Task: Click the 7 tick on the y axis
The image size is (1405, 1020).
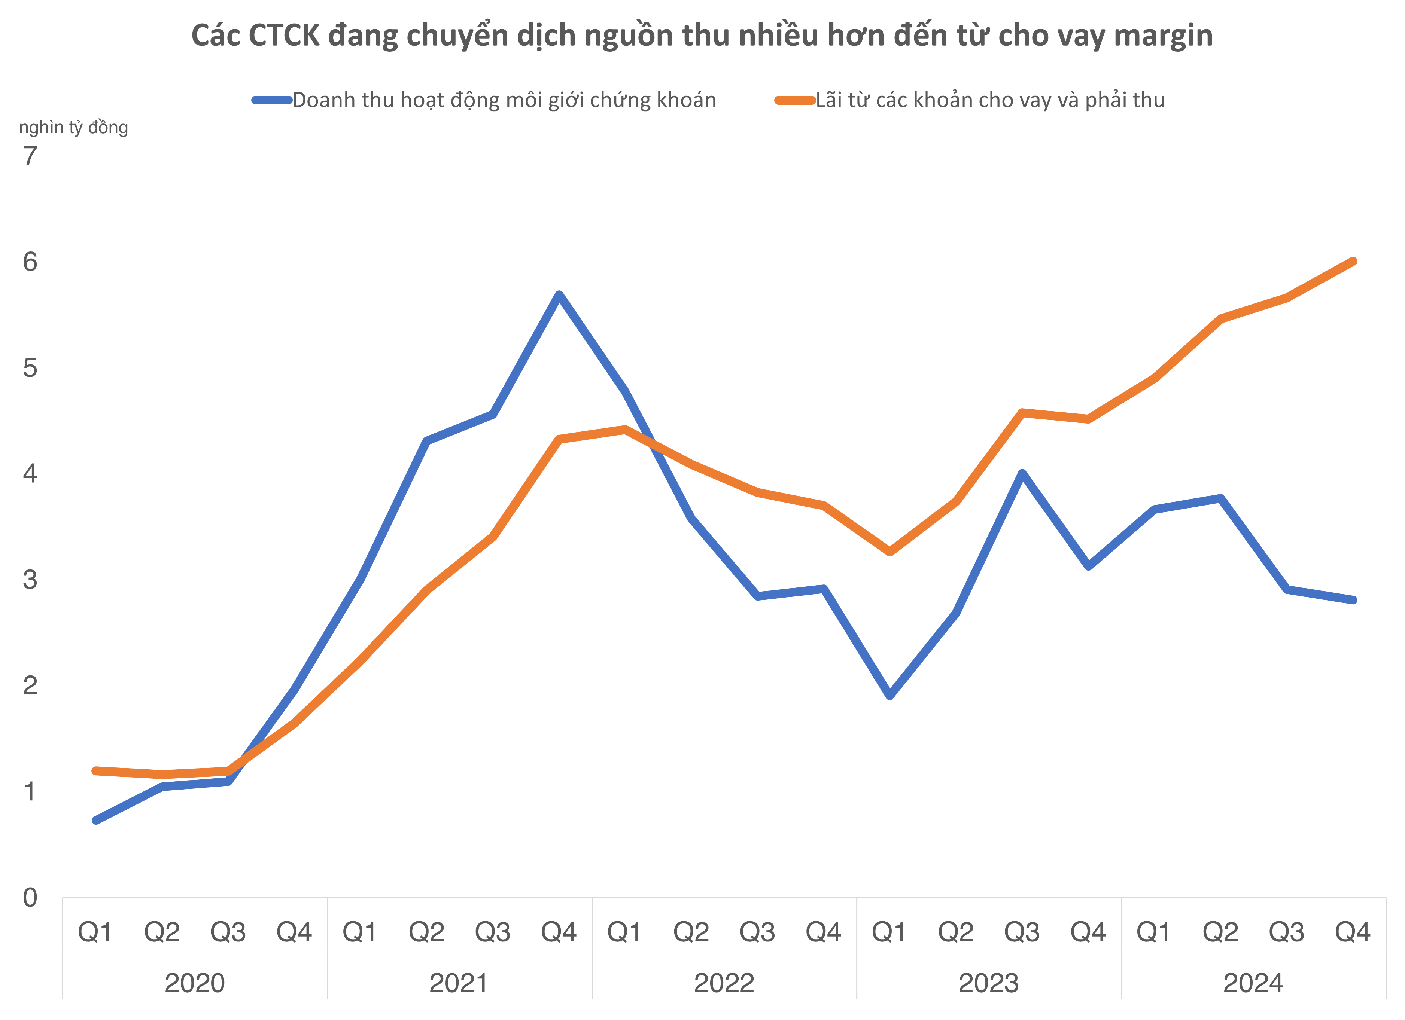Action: coord(30,156)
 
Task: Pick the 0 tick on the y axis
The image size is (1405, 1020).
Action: coord(30,897)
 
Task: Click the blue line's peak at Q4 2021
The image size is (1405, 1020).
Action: coord(559,295)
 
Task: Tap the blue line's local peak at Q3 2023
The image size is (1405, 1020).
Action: coord(1022,474)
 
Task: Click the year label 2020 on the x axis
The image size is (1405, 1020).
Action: coord(195,983)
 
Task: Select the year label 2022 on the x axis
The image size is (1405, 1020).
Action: coord(724,983)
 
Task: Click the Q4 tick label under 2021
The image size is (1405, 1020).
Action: coord(558,932)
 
